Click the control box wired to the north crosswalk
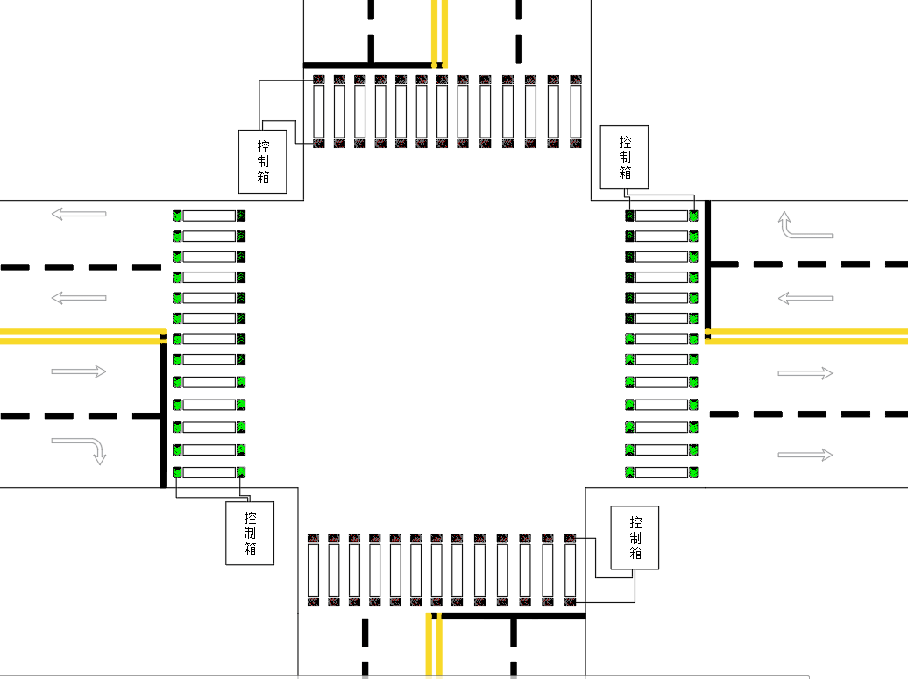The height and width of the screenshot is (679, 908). [263, 161]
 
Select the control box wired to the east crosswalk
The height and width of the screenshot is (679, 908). [624, 157]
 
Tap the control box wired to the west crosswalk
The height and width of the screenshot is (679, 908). [250, 533]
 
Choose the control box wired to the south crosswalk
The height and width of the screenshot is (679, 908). [635, 537]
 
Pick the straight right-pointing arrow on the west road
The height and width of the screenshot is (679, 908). [79, 371]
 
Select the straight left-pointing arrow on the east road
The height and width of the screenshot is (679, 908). [805, 299]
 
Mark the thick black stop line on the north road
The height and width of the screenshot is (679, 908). [368, 65]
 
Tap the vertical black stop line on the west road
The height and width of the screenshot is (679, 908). [163, 412]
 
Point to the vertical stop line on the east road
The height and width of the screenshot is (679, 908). [708, 263]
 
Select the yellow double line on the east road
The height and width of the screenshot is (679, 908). [806, 335]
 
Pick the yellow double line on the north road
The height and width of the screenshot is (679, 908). [439, 32]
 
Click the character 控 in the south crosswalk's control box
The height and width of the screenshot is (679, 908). [635, 522]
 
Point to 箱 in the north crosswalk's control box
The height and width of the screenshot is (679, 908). [263, 176]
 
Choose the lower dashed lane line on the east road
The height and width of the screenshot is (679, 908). [806, 414]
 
